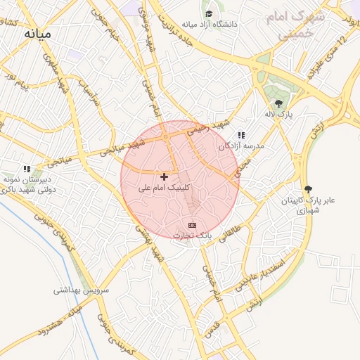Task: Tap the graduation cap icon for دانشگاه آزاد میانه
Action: pyautogui.click(x=209, y=13)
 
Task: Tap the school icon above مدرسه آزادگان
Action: pyautogui.click(x=241, y=135)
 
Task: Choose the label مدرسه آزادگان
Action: pyautogui.click(x=240, y=146)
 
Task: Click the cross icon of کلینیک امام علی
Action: pyautogui.click(x=165, y=176)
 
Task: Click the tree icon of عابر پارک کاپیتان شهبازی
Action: pyautogui.click(x=307, y=189)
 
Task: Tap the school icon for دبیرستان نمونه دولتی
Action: pyautogui.click(x=27, y=169)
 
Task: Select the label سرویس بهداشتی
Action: pyautogui.click(x=82, y=290)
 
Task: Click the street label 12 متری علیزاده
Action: pyautogui.click(x=333, y=57)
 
